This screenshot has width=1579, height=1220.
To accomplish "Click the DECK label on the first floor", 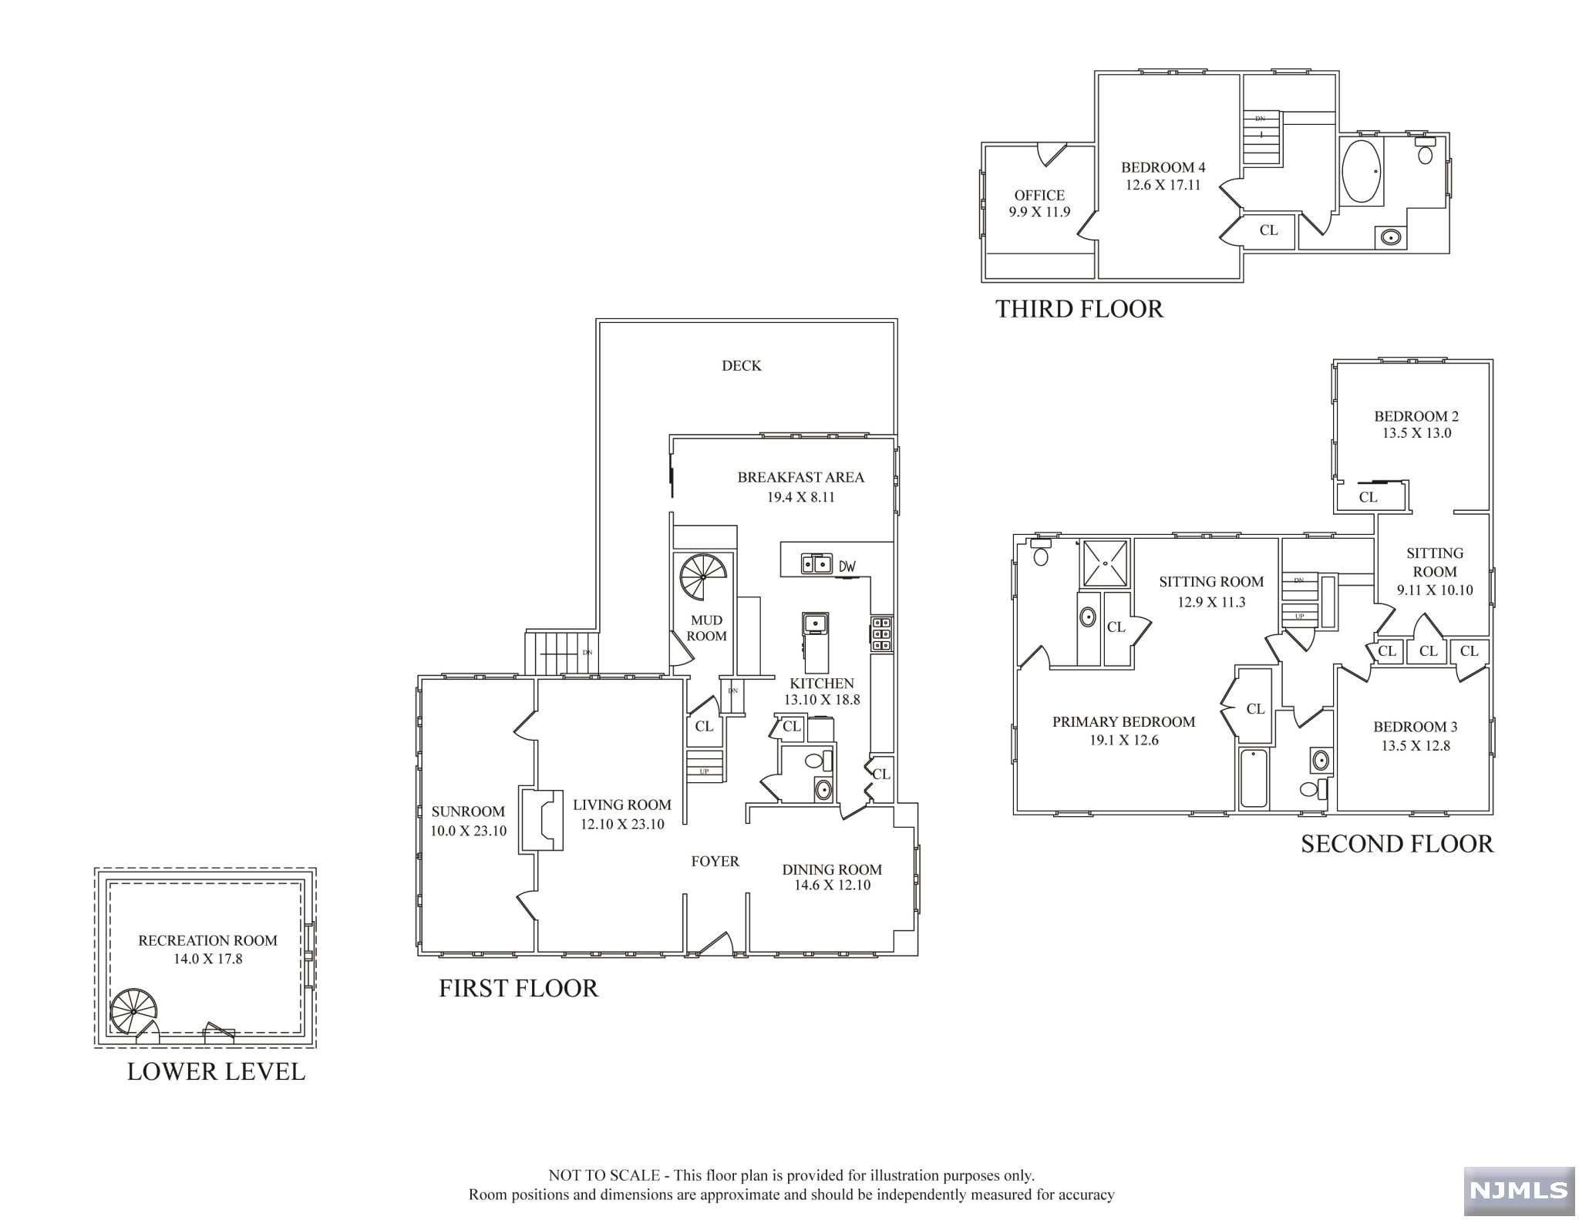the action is click(741, 365).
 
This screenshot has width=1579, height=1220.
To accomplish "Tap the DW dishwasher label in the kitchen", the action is click(847, 566).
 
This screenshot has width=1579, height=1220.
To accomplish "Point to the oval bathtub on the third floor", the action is click(1362, 171).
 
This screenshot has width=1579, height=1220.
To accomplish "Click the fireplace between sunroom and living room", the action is click(542, 820).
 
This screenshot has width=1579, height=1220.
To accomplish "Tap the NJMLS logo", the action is click(1519, 1190).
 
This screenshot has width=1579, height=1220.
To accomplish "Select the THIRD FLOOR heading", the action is click(1079, 309).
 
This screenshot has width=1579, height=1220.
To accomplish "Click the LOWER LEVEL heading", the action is click(216, 1071).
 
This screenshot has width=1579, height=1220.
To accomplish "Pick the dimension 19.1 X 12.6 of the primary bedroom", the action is click(1123, 740).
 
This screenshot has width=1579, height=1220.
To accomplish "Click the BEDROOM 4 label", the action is click(1163, 167).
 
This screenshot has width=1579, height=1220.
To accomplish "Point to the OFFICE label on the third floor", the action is click(1039, 196).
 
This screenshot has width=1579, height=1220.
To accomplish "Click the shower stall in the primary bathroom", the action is click(1106, 563).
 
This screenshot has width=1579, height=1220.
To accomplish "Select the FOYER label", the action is click(715, 862).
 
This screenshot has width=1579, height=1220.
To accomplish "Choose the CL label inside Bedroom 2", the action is click(1369, 498).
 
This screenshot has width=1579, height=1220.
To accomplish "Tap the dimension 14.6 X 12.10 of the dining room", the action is click(832, 886).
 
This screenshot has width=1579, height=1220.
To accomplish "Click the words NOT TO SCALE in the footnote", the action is click(604, 1175).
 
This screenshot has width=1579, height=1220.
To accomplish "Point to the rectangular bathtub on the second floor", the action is click(1254, 778).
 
